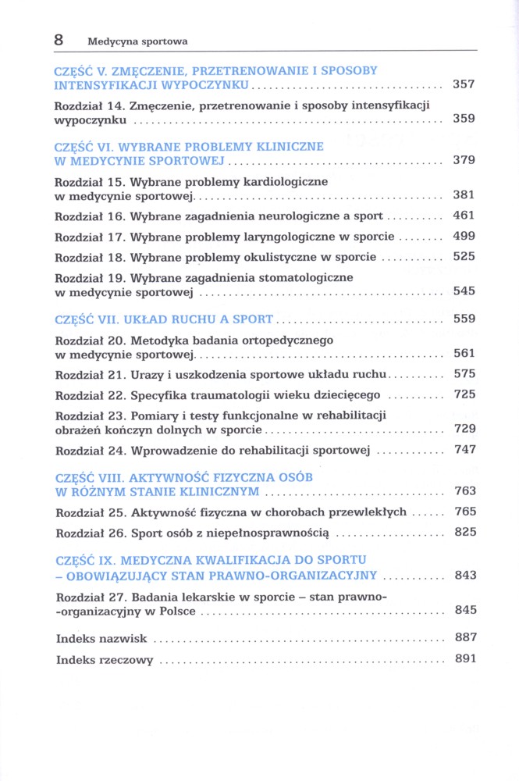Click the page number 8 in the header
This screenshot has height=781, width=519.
(x=59, y=39)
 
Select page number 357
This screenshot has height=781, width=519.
(x=464, y=84)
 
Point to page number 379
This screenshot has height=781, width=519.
(x=464, y=160)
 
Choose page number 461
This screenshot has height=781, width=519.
(x=464, y=216)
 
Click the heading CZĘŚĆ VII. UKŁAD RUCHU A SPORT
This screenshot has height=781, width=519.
(x=164, y=319)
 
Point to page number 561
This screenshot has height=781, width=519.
(x=464, y=354)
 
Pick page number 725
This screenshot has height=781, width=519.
(x=464, y=394)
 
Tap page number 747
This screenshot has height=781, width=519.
(x=464, y=450)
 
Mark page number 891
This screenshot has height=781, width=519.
(x=464, y=658)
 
